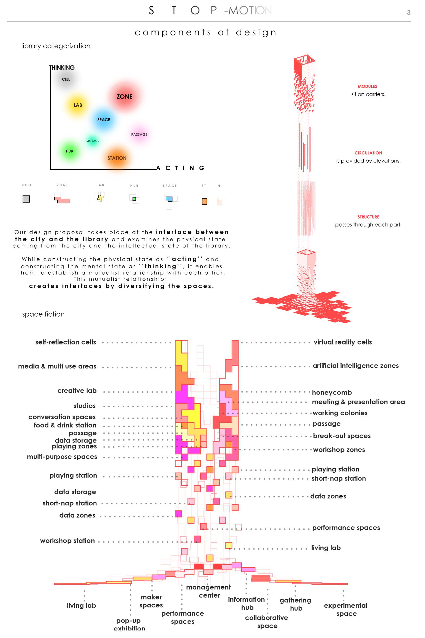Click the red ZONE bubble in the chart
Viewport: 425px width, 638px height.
124,96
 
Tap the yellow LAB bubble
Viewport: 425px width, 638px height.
78,105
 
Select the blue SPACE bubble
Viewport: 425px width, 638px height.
104,120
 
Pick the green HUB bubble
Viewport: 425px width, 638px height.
69,151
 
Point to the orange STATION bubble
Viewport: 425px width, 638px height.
117,158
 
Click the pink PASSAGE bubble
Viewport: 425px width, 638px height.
139,134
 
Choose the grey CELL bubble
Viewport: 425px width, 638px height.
66,79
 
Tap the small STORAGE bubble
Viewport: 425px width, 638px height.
93,141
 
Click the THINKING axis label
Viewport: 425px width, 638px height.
62,68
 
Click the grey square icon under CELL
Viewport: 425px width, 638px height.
26,199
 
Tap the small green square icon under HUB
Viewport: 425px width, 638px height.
134,199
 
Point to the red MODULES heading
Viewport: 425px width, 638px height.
367,86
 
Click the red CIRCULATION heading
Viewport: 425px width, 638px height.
368,153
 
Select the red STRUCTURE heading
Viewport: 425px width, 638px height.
368,217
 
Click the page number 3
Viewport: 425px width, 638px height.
409,12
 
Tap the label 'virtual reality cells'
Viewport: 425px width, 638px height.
343,342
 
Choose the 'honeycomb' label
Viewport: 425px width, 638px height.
332,392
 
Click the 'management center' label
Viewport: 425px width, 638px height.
209,591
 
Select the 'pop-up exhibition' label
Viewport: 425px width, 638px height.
129,624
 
